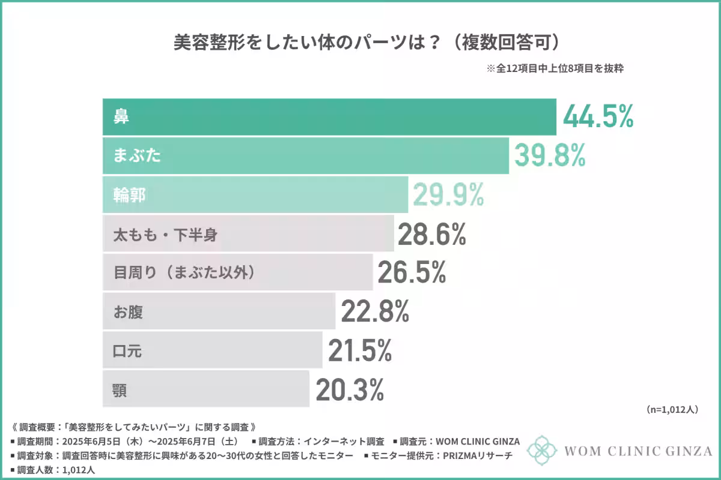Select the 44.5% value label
click(x=598, y=116)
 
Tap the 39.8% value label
click(x=549, y=156)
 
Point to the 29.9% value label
click(x=448, y=195)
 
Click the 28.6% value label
click(x=431, y=235)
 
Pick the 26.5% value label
click(x=412, y=273)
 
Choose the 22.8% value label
click(x=375, y=311)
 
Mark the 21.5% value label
click(x=360, y=350)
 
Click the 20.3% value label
click(x=349, y=390)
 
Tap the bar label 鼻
click(x=121, y=116)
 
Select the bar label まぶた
click(x=138, y=156)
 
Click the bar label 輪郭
click(x=130, y=195)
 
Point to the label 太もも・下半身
click(x=166, y=235)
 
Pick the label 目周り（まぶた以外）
click(x=185, y=273)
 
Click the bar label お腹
click(x=129, y=312)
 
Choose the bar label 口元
click(x=128, y=351)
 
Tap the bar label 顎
click(x=120, y=390)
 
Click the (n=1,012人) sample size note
click(x=672, y=410)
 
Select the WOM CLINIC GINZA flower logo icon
click(x=542, y=451)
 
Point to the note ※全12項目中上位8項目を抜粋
click(x=555, y=68)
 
